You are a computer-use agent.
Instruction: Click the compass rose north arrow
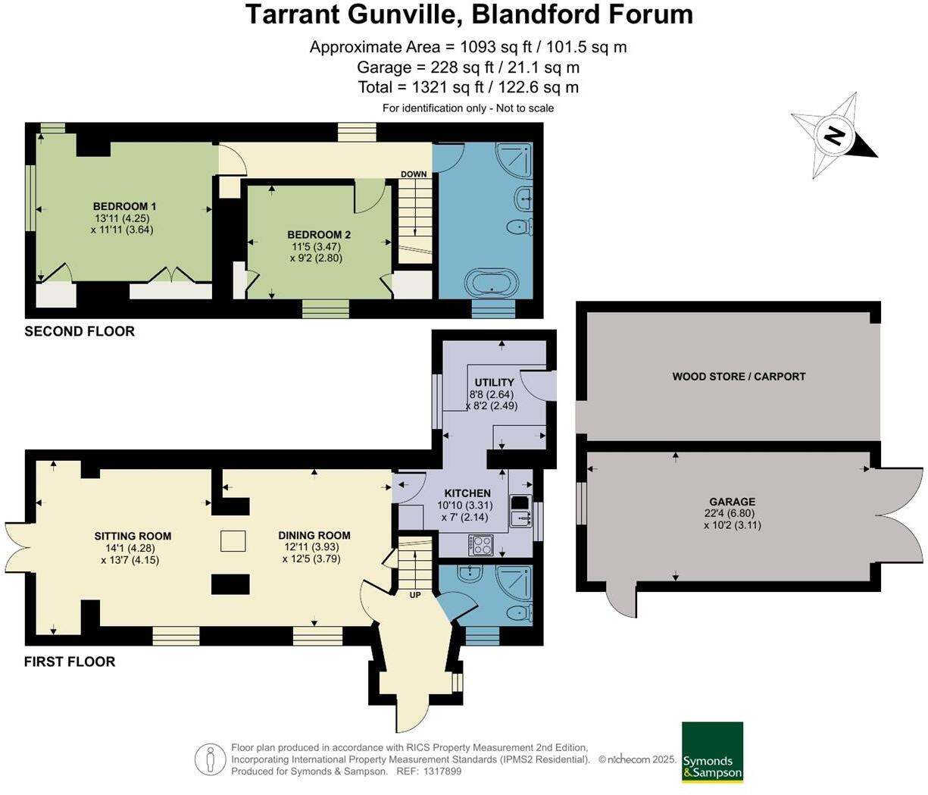tap(834, 136)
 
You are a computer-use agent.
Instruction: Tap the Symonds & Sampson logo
tap(712, 752)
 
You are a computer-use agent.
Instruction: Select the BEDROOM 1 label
tap(124, 206)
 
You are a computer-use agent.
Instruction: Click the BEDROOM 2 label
tap(318, 235)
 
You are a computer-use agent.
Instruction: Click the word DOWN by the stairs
tap(414, 174)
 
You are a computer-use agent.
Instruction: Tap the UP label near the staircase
tap(414, 595)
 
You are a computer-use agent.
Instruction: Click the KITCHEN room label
tap(467, 493)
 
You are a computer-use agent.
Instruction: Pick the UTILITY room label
tap(494, 382)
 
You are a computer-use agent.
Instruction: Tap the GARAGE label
tap(732, 502)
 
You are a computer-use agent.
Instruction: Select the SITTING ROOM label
tap(133, 536)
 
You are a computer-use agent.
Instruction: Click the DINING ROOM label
tap(314, 535)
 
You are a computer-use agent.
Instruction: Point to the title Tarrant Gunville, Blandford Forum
tap(468, 14)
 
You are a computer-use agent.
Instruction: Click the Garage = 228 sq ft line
tap(468, 67)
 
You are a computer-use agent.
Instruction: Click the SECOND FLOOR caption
tap(80, 331)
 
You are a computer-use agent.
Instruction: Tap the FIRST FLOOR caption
tap(70, 662)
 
